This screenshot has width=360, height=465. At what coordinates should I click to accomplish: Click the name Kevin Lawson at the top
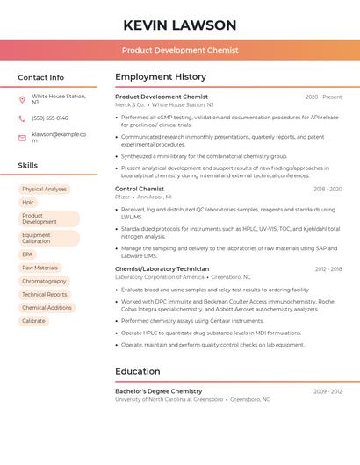click(x=180, y=25)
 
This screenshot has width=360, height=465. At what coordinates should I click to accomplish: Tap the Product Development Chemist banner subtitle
click(x=180, y=50)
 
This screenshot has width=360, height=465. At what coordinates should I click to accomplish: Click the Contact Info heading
click(x=41, y=77)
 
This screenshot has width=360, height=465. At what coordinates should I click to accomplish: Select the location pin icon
click(x=22, y=99)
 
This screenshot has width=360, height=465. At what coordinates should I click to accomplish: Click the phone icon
click(x=22, y=118)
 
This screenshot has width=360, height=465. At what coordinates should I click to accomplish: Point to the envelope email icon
click(x=22, y=138)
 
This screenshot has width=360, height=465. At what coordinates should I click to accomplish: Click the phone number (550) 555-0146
click(x=50, y=118)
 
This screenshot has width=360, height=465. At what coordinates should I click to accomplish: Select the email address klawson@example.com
click(x=59, y=138)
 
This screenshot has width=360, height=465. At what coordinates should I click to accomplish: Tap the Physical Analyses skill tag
click(x=45, y=189)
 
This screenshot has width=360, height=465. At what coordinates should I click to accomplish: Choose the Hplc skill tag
click(x=28, y=202)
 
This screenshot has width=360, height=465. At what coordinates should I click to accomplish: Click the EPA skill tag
click(x=27, y=254)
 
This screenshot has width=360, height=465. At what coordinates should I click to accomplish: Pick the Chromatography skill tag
click(x=44, y=281)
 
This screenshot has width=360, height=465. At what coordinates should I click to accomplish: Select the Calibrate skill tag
click(x=33, y=321)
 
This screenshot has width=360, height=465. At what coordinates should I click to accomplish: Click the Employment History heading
click(x=161, y=77)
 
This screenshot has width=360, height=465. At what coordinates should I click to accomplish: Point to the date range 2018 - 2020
click(x=328, y=189)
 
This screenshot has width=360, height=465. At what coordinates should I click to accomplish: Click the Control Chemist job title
click(x=140, y=189)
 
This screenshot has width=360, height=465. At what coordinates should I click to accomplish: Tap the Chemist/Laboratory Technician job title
click(x=162, y=268)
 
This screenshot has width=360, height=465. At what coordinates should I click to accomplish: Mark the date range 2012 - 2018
click(x=328, y=269)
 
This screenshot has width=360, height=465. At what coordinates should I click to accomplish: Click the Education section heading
click(x=137, y=371)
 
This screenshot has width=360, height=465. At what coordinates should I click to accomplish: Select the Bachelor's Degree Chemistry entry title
click(x=159, y=391)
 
